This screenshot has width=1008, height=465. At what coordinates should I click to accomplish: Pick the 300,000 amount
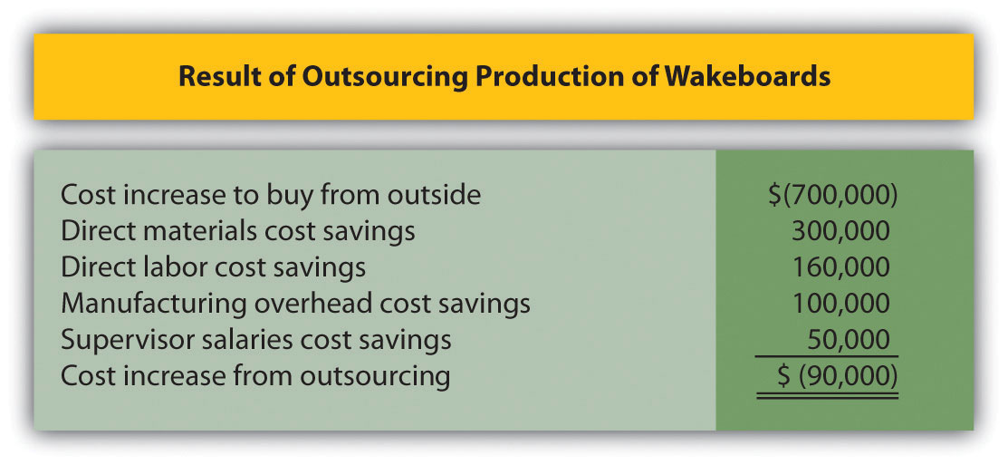841,231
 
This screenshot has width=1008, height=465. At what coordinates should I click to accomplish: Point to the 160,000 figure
841,267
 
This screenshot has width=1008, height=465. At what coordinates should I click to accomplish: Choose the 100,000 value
841,304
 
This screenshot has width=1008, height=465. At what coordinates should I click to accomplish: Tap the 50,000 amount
849,339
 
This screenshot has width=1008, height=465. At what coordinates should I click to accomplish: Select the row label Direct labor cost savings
214,267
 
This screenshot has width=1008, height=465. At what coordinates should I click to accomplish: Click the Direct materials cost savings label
238,231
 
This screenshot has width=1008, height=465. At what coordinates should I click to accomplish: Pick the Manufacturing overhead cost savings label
295,304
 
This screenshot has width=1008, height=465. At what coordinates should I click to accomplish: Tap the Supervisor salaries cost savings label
255,339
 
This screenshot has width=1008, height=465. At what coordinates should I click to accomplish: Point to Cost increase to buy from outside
271,195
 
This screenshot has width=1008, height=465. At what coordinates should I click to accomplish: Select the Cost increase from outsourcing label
255,375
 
